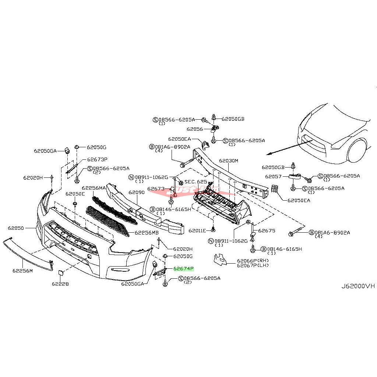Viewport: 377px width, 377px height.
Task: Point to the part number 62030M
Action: pyautogui.click(x=229, y=161)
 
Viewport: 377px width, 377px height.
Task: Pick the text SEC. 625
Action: pyautogui.click(x=196, y=182)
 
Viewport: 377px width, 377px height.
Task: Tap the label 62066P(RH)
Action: pyautogui.click(x=253, y=261)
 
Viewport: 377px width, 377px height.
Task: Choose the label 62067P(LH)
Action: pyautogui.click(x=253, y=265)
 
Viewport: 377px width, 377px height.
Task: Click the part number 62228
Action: pyautogui.click(x=60, y=284)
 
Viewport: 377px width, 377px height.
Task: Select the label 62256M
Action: pyautogui.click(x=22, y=271)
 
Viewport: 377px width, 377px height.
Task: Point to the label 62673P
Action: pyautogui.click(x=97, y=159)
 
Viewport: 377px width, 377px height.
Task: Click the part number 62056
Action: pyautogui.click(x=195, y=129)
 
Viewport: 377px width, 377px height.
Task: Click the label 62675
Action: pyautogui.click(x=267, y=231)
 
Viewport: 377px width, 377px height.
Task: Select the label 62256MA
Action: pyautogui.click(x=94, y=188)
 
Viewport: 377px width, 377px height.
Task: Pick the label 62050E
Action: pyautogui.click(x=75, y=194)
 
